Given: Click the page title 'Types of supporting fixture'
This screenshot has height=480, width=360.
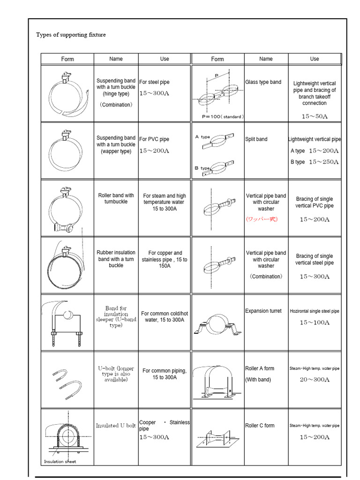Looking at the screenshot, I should coord(71,35).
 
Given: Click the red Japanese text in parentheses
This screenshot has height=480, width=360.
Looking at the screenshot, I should coord(262,219).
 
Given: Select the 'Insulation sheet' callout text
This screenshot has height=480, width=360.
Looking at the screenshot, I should coord(60,461).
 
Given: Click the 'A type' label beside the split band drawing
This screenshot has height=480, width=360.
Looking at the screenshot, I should coord(202,137).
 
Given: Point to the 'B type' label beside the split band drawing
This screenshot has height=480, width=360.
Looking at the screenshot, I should coord(202,167).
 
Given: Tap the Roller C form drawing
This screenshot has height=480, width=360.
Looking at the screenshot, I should coord(218,436).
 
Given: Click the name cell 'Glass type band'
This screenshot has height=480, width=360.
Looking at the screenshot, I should coord(263,82).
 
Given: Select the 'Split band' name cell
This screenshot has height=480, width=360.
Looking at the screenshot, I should coord(256,139).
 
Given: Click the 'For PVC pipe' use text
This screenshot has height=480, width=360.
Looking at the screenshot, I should coord(154,139).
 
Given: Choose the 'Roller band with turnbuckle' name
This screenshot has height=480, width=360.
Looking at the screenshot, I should coord(116,198).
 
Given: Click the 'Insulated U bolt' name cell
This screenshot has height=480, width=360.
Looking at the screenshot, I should coord(116,426).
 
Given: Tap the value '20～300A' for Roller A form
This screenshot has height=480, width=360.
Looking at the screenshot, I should coord(315,380).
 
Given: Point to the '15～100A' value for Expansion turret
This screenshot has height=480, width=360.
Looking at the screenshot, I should coord(315,322).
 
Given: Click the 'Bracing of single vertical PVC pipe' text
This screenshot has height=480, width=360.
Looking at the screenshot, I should coord(315,202).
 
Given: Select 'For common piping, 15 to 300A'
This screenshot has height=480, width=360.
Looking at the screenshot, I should coord(165,374).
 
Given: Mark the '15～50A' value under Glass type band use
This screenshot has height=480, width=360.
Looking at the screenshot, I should coord(315,116).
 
